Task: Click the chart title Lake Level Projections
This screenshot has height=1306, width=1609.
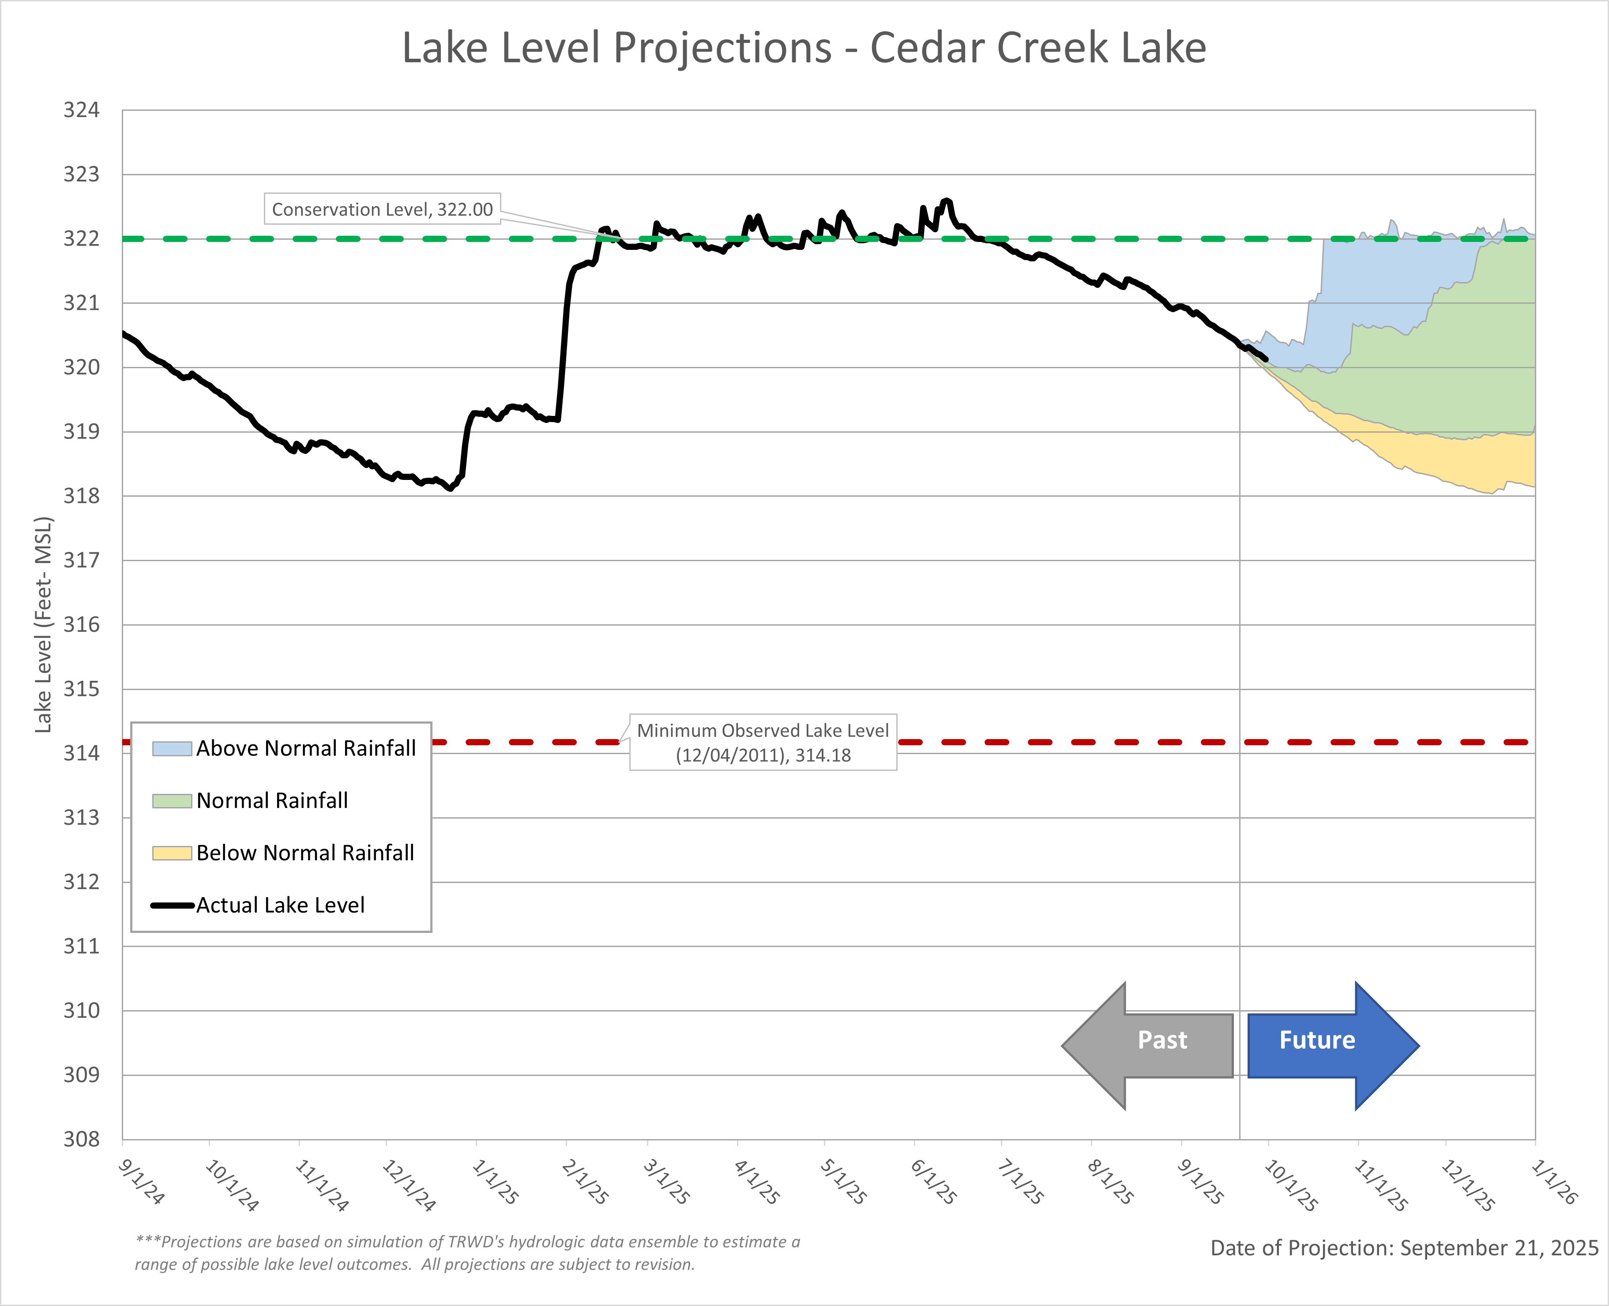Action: (804, 48)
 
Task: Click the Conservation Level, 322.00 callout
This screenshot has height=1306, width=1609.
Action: (382, 209)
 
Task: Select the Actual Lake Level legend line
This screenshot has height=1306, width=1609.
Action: (172, 905)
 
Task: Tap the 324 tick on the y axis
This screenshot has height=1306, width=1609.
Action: (81, 110)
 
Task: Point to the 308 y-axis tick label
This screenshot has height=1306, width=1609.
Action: (81, 1139)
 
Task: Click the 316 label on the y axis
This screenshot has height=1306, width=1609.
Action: (81, 624)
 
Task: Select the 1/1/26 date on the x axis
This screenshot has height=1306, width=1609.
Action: (1554, 1181)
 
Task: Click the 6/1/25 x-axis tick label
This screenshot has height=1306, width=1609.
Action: (934, 1181)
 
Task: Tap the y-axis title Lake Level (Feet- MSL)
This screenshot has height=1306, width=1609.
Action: (44, 624)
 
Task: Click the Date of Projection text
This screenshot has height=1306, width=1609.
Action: (1404, 1248)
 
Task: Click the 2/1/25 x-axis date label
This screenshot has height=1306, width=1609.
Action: (585, 1181)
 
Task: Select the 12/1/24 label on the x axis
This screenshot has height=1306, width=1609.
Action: (408, 1185)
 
